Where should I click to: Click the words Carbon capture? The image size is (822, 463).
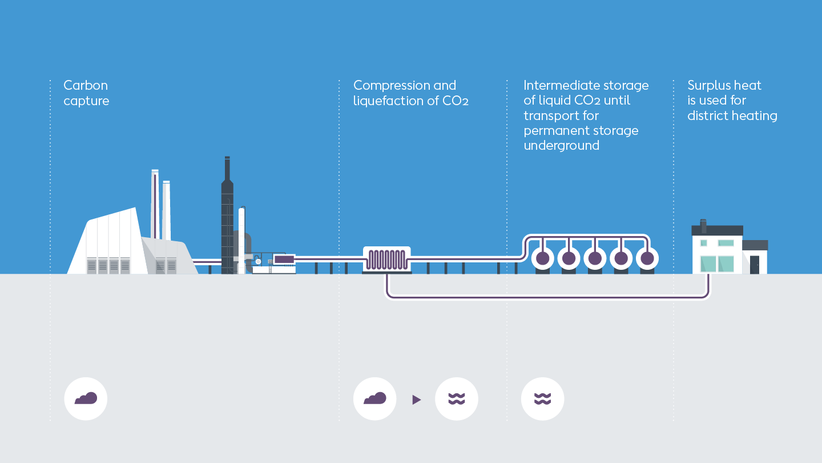[x=86, y=93]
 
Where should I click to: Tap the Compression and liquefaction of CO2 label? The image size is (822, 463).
[x=410, y=93]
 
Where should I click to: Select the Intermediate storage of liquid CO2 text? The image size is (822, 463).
[x=586, y=115]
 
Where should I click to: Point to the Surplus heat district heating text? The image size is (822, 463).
[x=732, y=101]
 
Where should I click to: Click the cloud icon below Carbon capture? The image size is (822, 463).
[x=86, y=398]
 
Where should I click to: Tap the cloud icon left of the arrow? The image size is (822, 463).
[x=374, y=398]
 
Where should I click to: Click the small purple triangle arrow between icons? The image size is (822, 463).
[x=416, y=400]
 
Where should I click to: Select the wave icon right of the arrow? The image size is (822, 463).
[x=456, y=398]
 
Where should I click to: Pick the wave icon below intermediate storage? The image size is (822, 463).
[x=542, y=398]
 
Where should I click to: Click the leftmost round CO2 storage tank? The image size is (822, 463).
[x=542, y=258]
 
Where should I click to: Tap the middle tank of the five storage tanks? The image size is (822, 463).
[x=595, y=258]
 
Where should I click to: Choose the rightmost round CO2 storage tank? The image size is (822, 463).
[x=647, y=258]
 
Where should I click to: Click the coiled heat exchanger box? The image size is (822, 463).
[x=386, y=259]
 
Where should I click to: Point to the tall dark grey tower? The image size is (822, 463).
[x=227, y=217]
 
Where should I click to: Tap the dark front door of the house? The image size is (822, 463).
[x=755, y=264]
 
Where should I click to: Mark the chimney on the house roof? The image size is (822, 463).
[x=703, y=226]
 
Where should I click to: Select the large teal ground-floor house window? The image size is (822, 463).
[x=717, y=264]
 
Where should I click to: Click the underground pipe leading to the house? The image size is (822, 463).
[x=548, y=297]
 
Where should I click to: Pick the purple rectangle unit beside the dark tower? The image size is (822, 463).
[x=284, y=260]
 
